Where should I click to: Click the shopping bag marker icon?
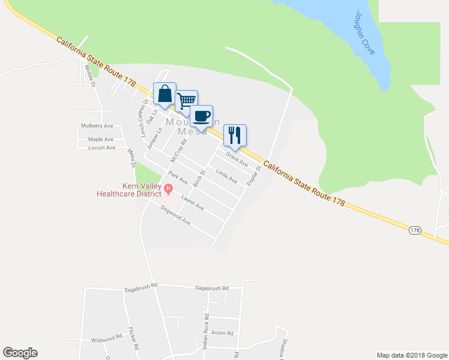click(x=165, y=94)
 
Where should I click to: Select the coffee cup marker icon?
click(x=202, y=116)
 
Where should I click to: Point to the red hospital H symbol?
click(x=169, y=188)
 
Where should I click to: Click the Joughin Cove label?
click(x=364, y=41)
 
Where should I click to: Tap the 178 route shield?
click(x=415, y=230)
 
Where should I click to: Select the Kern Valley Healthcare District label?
click(x=130, y=190)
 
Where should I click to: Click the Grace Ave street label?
click(x=237, y=159)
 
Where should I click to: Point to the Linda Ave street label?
click(x=227, y=176)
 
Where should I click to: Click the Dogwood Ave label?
click(x=176, y=215)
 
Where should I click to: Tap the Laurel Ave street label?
click(x=193, y=204)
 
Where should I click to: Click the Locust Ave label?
click(x=101, y=148)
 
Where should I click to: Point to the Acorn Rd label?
click(x=222, y=332)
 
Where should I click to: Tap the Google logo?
click(x=20, y=353)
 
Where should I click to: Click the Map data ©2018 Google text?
click(x=411, y=355)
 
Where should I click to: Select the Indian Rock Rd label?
click(x=206, y=332)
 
